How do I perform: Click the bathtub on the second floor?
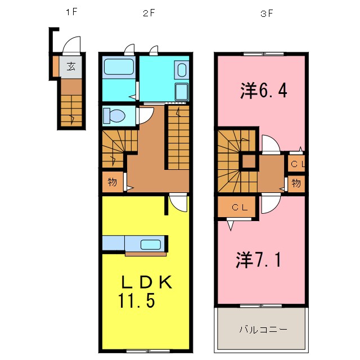(x=118, y=68)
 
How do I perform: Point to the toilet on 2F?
(x=116, y=116)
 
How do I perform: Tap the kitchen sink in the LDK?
(x=151, y=245)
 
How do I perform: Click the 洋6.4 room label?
(x=264, y=90)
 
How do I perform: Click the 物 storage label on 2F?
(x=112, y=182)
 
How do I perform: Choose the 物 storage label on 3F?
(x=296, y=183)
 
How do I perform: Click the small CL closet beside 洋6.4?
(x=297, y=164)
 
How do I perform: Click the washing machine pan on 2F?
(x=181, y=92)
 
